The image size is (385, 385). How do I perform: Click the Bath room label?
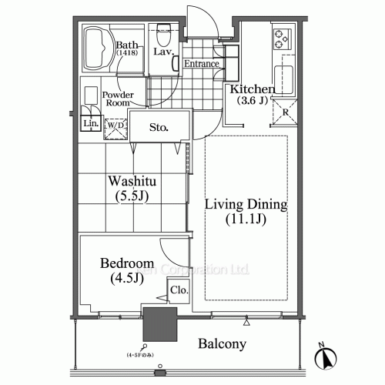pos(126,45)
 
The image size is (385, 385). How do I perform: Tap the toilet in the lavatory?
pos(162,35)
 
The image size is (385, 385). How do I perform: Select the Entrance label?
pos(202,64)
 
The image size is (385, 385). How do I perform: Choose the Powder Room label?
pos(119,99)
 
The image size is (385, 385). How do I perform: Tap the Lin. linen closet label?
pos(89,123)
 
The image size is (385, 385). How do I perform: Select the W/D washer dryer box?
pos(115,127)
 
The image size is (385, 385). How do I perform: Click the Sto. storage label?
pos(159,126)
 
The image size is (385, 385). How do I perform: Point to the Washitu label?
pos(132,182)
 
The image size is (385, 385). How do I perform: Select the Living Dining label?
pos(246,206)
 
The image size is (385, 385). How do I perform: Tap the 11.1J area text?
pos(246,222)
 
